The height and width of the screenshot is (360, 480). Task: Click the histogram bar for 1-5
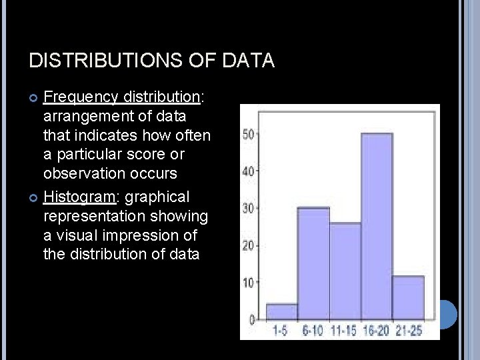281,312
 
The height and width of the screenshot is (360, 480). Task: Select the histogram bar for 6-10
313,263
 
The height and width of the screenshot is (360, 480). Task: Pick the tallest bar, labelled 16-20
377,227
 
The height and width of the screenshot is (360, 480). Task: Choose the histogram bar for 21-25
408,297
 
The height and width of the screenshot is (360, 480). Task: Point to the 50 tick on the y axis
249,134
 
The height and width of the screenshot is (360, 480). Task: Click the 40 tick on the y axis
249,171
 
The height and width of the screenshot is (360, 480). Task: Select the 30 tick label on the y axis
249,208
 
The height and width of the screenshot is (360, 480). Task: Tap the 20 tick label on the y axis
249,245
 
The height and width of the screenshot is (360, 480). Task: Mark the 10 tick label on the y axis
249,283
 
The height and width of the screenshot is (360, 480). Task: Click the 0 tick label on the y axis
252,319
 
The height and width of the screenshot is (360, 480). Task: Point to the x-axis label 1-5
281,330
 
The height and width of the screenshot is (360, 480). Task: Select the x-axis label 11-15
345,330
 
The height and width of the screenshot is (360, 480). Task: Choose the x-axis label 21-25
408,330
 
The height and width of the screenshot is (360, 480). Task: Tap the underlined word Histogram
78,197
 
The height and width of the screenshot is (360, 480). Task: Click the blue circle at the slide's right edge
447,314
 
